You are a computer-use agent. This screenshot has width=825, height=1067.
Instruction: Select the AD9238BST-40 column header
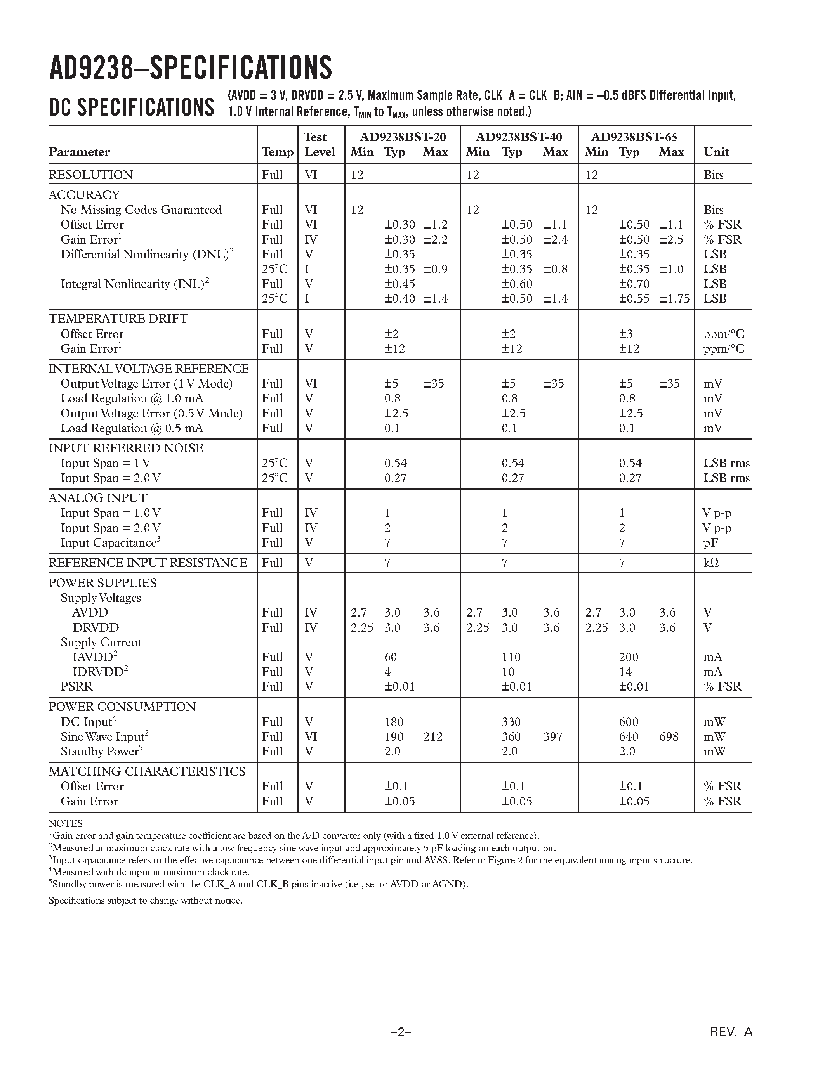519,137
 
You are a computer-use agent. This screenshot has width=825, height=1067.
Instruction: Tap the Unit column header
716,152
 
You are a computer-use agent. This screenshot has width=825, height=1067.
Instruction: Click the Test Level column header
320,145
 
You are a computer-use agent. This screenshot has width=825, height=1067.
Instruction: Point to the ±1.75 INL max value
674,298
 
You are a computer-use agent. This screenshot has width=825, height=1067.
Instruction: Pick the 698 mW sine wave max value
669,736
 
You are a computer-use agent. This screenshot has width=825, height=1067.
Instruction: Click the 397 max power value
553,736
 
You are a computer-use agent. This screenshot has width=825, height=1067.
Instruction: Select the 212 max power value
432,736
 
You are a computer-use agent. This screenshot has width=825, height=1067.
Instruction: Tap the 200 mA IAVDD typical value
629,657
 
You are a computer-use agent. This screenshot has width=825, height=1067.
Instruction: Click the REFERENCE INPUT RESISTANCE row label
148,563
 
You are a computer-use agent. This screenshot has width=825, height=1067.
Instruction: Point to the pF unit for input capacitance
710,543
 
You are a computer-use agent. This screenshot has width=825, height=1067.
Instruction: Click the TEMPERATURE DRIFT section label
118,319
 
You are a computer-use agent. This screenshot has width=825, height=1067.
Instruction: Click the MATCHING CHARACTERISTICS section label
147,771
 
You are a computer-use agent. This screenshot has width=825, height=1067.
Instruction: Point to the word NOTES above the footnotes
66,824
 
